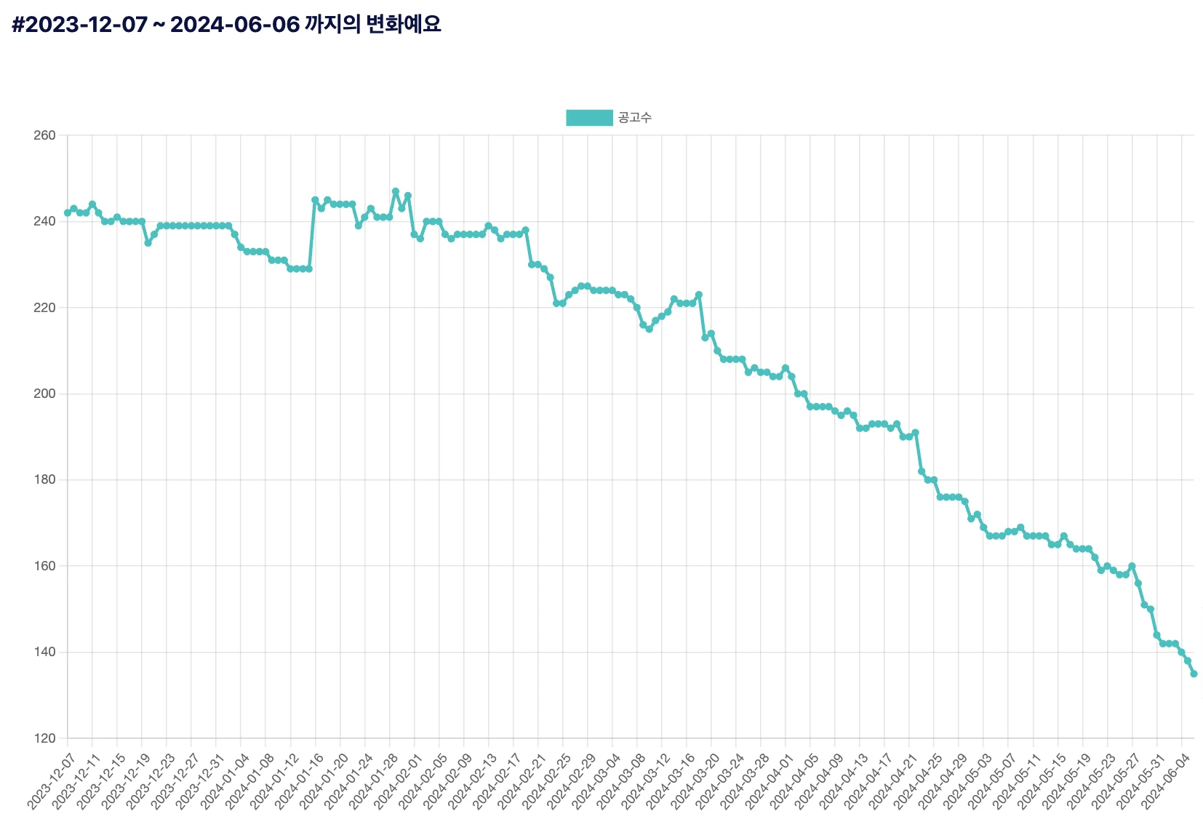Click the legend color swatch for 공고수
(x=589, y=118)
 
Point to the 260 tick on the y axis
(x=44, y=135)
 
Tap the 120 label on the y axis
(x=44, y=738)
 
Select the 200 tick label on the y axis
(x=44, y=394)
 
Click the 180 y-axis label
(x=44, y=480)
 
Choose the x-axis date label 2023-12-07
(x=51, y=782)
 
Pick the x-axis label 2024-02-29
(x=570, y=782)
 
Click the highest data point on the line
(x=396, y=191)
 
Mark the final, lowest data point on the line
(x=1194, y=674)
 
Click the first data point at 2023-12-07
(x=68, y=213)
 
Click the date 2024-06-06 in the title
(x=235, y=25)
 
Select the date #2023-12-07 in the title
(x=79, y=25)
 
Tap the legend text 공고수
(x=635, y=118)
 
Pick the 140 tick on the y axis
(x=44, y=652)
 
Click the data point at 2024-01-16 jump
(x=315, y=200)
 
